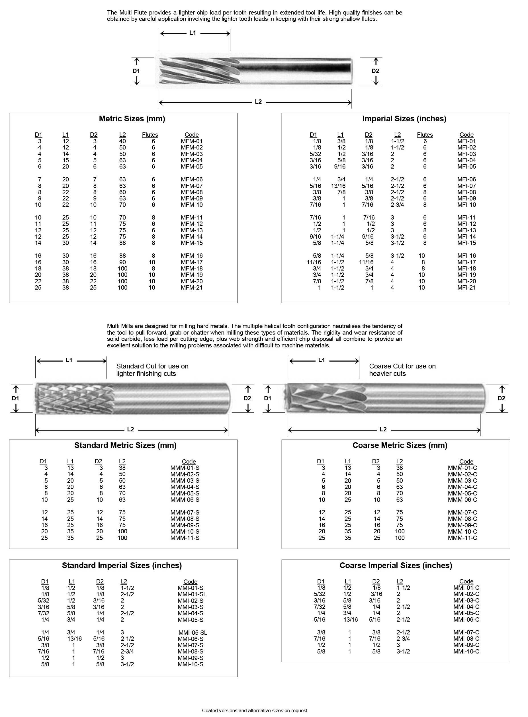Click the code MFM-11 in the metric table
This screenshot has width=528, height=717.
(x=191, y=218)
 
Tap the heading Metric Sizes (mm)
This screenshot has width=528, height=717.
(x=132, y=119)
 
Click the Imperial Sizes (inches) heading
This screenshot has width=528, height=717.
(x=404, y=119)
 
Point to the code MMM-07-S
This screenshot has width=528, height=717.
(x=185, y=513)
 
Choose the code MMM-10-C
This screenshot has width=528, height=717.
(x=462, y=532)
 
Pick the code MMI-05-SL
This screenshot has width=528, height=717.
(x=193, y=633)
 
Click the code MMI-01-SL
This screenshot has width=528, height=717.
(x=192, y=594)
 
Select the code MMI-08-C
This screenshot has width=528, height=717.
(x=466, y=639)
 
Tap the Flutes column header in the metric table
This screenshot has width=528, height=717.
(x=150, y=135)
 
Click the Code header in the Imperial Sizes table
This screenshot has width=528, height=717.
(x=466, y=135)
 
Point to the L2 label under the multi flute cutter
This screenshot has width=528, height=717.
(x=258, y=102)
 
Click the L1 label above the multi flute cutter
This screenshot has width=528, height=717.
(x=193, y=33)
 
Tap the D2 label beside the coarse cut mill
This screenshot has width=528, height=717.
(x=501, y=398)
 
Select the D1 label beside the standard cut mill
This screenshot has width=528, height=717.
(x=15, y=398)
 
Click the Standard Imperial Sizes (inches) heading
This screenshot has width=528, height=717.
(x=122, y=566)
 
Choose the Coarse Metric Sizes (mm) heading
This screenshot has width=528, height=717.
(x=400, y=445)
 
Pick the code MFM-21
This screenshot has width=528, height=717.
(x=191, y=288)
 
